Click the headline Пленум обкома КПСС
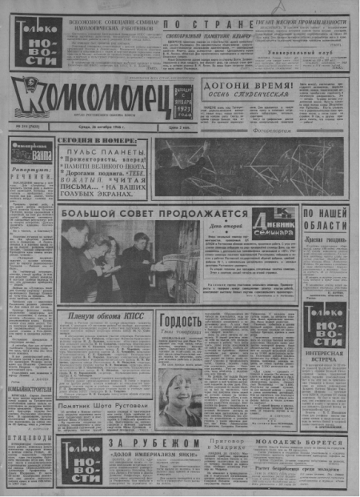pos(106,316)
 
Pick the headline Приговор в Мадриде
pos(223,444)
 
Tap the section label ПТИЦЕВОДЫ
pos(30,439)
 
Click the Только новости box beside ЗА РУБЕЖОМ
pos(80,463)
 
